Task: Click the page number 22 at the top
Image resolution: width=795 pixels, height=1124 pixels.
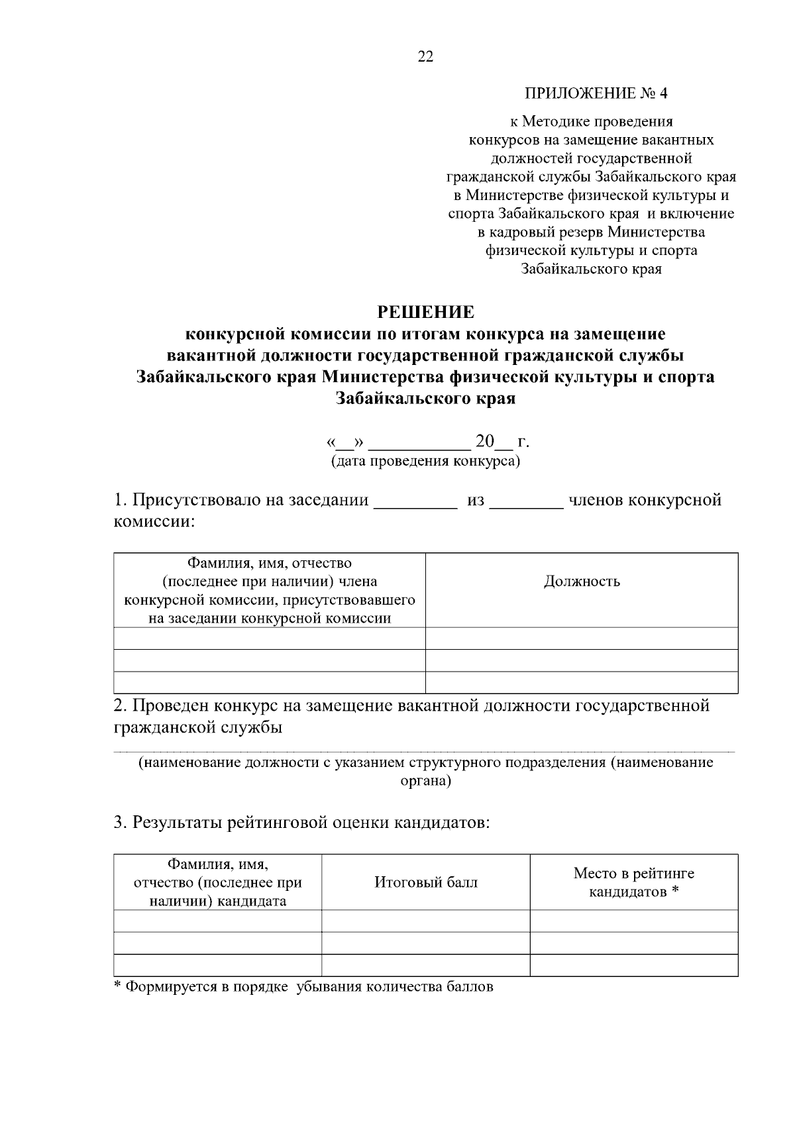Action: point(425,57)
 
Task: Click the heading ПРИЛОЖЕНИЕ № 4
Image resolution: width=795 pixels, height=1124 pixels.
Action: point(596,93)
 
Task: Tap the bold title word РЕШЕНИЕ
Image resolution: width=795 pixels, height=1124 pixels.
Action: point(425,312)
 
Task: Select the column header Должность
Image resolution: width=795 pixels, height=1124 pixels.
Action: point(582,582)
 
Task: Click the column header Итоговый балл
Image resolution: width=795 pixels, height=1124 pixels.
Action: point(425,882)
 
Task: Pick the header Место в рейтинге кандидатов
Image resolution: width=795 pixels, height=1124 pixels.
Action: point(634,882)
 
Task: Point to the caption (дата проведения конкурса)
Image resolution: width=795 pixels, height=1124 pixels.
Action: point(425,461)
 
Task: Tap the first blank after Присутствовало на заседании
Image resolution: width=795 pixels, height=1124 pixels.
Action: point(415,502)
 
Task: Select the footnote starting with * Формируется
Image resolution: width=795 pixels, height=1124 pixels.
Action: point(303,987)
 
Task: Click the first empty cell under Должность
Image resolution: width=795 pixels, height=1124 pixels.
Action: point(582,639)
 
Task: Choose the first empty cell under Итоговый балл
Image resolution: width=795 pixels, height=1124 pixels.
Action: point(425,921)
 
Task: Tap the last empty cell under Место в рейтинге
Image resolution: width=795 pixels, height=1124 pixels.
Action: point(634,965)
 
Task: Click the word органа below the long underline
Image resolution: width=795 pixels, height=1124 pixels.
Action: point(425,782)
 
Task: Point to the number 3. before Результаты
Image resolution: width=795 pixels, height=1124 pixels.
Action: point(120,823)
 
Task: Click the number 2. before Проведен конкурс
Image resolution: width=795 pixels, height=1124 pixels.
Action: point(120,705)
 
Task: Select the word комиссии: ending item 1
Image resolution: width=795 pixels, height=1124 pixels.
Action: point(154,522)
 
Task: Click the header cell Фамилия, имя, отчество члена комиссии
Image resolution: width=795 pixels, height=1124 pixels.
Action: point(270,590)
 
